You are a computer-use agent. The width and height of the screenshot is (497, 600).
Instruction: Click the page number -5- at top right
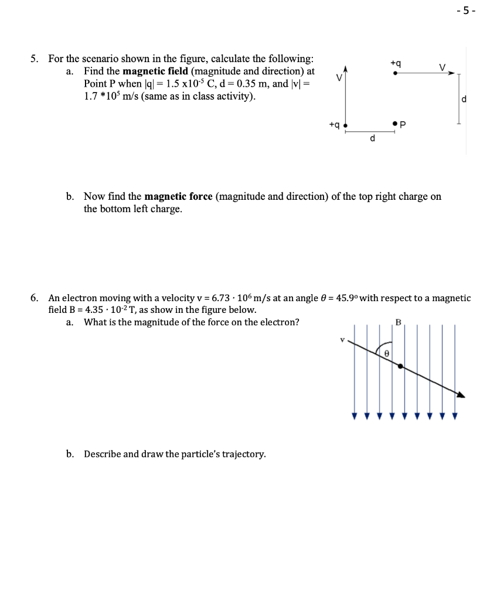click(x=469, y=10)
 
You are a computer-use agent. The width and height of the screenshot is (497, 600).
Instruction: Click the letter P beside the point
click(x=403, y=124)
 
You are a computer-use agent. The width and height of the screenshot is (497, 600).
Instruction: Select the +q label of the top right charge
click(x=396, y=63)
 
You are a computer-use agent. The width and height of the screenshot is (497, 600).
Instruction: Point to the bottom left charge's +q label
click(x=334, y=124)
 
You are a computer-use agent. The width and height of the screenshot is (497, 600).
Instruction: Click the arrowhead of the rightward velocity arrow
click(x=451, y=74)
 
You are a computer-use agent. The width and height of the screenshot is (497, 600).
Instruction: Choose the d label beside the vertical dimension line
click(x=464, y=99)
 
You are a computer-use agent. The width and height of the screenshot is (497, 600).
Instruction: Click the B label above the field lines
click(x=398, y=322)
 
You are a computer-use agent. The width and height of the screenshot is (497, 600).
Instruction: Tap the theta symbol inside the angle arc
click(x=387, y=354)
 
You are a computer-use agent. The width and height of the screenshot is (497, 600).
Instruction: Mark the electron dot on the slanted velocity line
click(x=400, y=366)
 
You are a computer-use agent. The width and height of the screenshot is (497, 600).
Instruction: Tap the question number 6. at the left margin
click(x=36, y=298)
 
